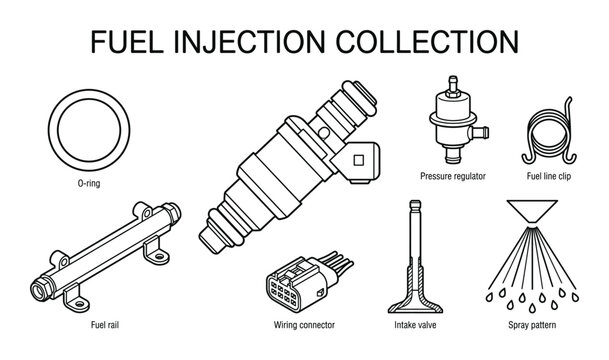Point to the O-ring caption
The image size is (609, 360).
pyautogui.click(x=88, y=185)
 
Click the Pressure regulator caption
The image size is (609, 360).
pyautogui.click(x=452, y=176)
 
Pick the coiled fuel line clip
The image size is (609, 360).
pyautogui.click(x=548, y=138)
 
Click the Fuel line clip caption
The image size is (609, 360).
pyautogui.click(x=547, y=176)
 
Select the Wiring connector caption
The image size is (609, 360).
pyautogui.click(x=303, y=325)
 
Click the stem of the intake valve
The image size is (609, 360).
pyautogui.click(x=412, y=240)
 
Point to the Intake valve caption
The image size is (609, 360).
pyautogui.click(x=411, y=325)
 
